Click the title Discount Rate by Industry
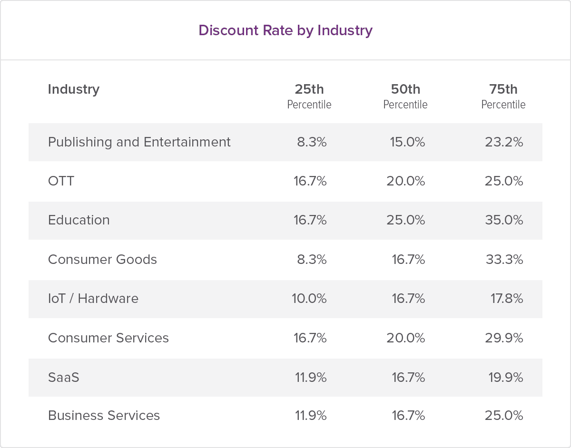coord(285,30)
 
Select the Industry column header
coord(74,89)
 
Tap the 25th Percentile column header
coord(309,96)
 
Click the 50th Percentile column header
coord(405,96)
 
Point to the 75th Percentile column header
coord(503,96)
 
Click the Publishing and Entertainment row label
coord(139,142)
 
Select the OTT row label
coord(61,181)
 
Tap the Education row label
coord(79,220)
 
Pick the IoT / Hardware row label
coord(93,299)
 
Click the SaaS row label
coord(64,378)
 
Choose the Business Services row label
coord(104,416)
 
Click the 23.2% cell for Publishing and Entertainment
coord(504,142)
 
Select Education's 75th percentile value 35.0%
coord(504,220)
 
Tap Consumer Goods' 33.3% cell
coord(504,260)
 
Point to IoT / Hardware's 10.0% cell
coord(309,299)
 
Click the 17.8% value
coord(507,299)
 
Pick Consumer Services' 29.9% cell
coord(504,338)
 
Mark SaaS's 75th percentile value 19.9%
coord(505,378)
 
